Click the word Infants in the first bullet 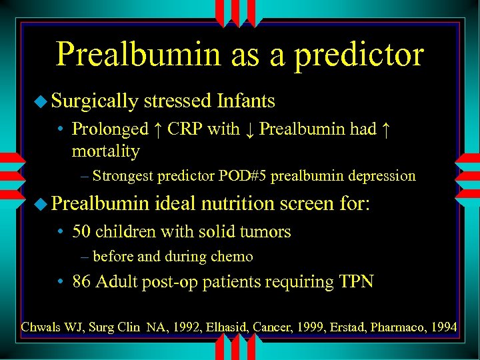[246, 101]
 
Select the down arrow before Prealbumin [251, 129]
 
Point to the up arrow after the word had [387, 129]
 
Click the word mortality [105, 151]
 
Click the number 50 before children [82, 232]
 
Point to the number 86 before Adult [81, 281]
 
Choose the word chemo [233, 256]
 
